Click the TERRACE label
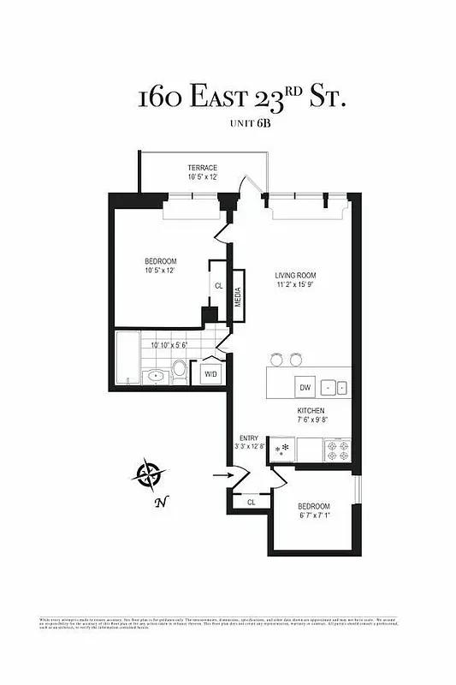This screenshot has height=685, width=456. (x=203, y=168)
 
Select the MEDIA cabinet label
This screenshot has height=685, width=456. (x=238, y=295)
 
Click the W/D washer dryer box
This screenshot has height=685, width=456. (x=210, y=373)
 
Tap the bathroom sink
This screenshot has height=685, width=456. (x=155, y=375)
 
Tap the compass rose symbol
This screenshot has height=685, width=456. (x=150, y=473)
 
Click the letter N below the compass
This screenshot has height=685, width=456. (x=159, y=503)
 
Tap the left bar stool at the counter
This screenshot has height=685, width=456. (x=276, y=359)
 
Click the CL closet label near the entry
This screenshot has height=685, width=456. (x=251, y=503)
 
